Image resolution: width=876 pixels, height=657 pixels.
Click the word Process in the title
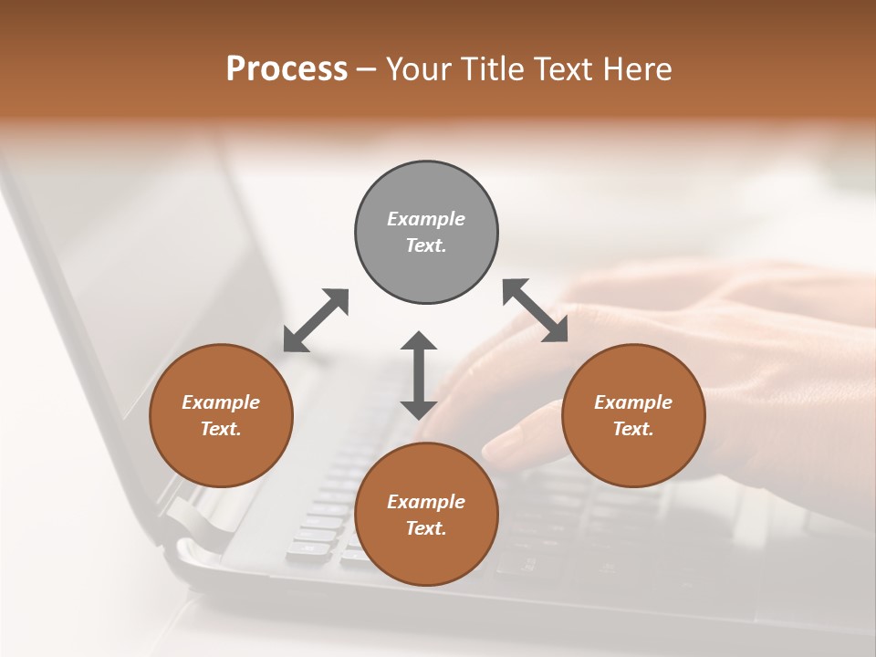pos(287,69)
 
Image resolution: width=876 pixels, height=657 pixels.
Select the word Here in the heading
pos(637,69)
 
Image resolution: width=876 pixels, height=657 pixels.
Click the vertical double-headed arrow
pos(419,375)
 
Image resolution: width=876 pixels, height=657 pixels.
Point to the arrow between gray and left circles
pos(317,319)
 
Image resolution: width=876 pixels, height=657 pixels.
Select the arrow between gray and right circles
pos(535,310)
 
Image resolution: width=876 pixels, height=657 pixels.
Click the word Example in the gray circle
pos(426,219)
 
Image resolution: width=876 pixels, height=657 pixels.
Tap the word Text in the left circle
pos(221,429)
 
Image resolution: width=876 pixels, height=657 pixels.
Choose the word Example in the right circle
pos(633,402)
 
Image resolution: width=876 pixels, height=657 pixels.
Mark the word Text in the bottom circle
pos(426,528)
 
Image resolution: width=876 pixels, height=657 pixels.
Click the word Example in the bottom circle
pos(426,502)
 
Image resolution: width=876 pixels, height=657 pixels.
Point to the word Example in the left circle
pos(221,402)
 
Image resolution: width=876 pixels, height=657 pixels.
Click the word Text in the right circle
pos(633,429)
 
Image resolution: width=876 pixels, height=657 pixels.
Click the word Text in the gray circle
pos(426,245)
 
